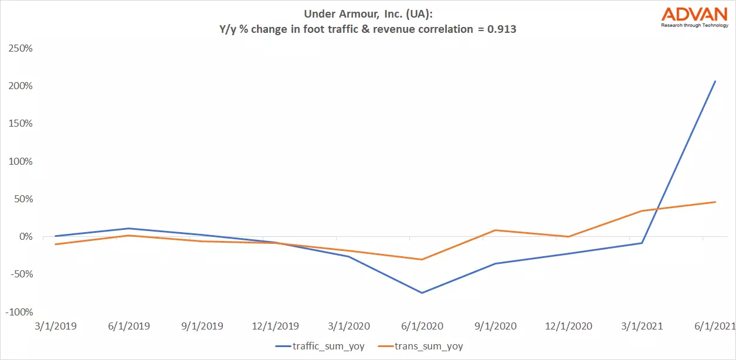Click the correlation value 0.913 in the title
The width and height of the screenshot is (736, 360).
click(500, 29)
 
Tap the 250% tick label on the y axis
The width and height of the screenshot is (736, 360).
click(20, 48)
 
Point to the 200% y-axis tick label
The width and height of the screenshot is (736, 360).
click(20, 86)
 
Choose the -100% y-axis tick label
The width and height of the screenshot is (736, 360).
click(19, 312)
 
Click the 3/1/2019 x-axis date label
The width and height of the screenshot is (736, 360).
click(55, 326)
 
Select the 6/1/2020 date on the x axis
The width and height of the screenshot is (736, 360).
click(422, 326)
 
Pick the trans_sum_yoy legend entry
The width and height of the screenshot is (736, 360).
click(429, 347)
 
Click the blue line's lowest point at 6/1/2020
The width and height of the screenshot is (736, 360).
click(422, 293)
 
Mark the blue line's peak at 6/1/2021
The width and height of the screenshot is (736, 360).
click(715, 81)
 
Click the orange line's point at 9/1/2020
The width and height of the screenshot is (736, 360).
click(495, 230)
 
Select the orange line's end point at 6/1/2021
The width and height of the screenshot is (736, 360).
click(715, 202)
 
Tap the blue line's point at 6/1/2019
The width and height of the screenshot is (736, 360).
click(128, 229)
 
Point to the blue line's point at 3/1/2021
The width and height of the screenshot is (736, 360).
click(642, 243)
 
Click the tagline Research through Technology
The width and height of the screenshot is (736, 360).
click(694, 25)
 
